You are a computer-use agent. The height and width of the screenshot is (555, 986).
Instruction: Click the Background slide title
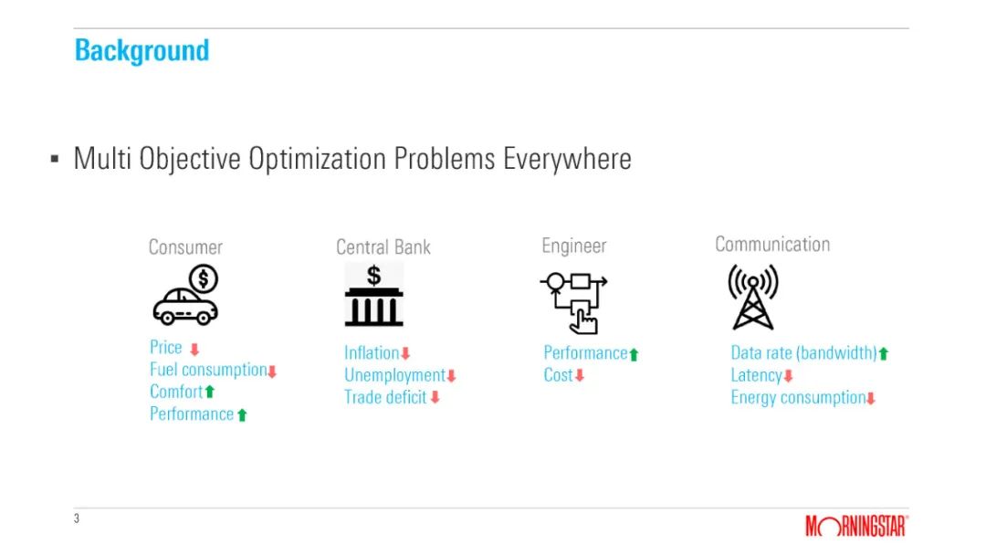(142, 51)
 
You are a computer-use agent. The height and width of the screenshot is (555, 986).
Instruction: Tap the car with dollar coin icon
(185, 295)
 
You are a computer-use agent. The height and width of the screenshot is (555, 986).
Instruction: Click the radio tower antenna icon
(752, 297)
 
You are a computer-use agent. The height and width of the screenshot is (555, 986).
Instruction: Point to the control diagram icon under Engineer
(573, 302)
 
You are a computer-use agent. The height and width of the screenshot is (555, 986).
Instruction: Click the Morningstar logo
(856, 526)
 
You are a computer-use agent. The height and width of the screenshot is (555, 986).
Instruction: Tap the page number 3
(77, 518)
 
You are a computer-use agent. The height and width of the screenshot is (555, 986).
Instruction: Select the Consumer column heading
(185, 247)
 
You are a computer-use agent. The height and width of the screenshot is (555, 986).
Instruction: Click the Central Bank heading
(383, 247)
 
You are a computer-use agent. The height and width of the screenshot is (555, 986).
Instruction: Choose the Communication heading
(772, 244)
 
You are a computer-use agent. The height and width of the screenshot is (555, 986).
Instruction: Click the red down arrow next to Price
(194, 350)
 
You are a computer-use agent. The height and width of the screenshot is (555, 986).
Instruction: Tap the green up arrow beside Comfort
(210, 392)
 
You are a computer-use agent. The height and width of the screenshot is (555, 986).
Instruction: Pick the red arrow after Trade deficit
(435, 397)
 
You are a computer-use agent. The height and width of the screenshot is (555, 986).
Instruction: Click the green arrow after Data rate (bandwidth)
(884, 354)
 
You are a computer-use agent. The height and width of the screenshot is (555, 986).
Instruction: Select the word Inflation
(372, 352)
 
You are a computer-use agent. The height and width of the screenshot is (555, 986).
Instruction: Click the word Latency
(756, 375)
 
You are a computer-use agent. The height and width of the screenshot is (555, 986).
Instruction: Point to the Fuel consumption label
(208, 370)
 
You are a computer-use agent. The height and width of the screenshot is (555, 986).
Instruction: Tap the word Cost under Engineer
(559, 375)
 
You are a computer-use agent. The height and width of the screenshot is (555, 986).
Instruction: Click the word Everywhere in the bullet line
(567, 159)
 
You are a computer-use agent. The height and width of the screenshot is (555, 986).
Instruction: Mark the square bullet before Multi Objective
(55, 159)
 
